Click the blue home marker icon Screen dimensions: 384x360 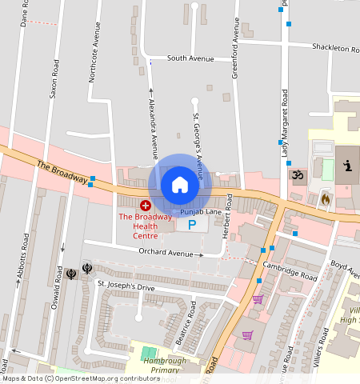coord(180,185)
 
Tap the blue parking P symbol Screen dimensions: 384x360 coord(192,225)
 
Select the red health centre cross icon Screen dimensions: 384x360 coord(146,206)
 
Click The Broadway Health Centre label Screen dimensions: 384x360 coord(145,226)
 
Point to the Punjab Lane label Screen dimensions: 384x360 coord(200,212)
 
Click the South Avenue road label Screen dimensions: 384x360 coord(190,58)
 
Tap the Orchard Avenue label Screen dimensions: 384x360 coord(166,253)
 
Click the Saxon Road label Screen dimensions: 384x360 coord(54,78)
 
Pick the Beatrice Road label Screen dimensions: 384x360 coord(186,322)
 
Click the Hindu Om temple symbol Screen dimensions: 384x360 coord(298,174)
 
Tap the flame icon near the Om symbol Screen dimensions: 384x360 coord(325,197)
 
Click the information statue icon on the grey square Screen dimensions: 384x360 coord(348,166)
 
